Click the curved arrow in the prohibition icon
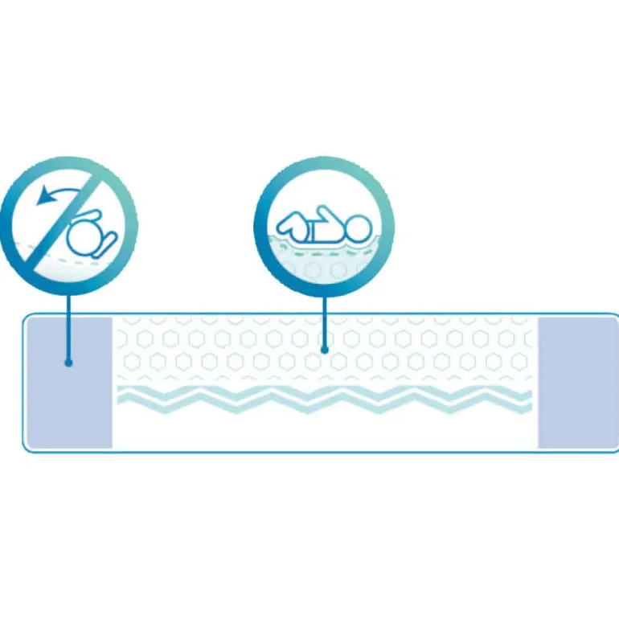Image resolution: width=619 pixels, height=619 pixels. coord(60,191)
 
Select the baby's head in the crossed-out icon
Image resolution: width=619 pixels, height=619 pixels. coord(81,239)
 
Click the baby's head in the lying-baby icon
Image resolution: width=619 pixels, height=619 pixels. coord(355,227)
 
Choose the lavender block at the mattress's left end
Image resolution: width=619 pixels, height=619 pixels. coord(69,382)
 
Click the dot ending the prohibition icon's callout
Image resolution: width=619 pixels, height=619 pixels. coord(69,363)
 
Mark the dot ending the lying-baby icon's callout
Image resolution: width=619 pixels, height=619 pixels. coord(325,350)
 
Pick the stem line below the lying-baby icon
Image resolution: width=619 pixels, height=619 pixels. coord(325,318)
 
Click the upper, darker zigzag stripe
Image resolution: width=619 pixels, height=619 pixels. coord(322,393)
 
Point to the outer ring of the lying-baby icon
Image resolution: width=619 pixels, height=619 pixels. coord(325,162)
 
